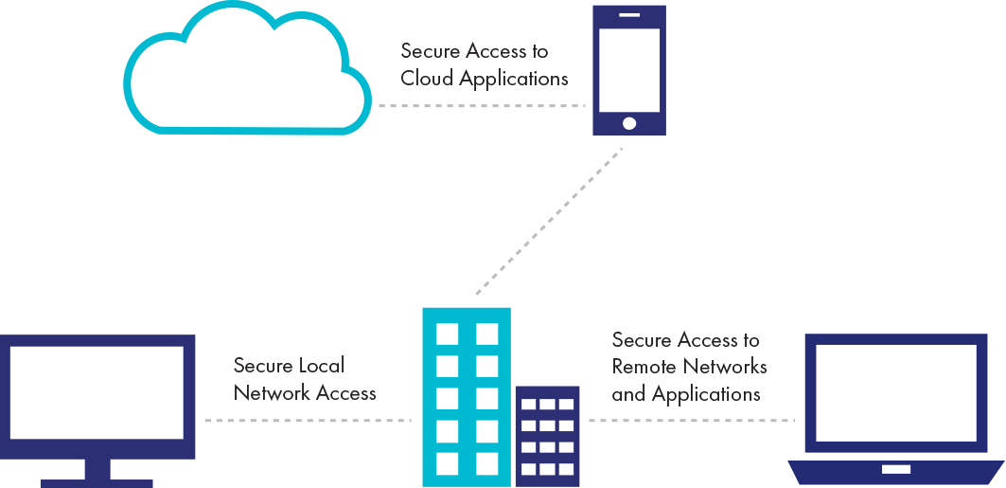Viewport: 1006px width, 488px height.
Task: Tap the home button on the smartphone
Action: [629, 122]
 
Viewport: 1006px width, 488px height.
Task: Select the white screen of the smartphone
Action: [629, 69]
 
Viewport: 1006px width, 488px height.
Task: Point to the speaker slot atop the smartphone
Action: [629, 15]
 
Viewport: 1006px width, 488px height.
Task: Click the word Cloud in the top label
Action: [426, 79]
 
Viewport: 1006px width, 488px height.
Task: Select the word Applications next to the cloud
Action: [514, 80]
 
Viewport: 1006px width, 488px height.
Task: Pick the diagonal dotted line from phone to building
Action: [550, 220]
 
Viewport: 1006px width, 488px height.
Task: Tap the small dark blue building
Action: [547, 436]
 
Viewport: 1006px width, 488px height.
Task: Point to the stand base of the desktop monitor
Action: [97, 482]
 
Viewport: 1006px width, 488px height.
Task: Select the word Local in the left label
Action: [322, 366]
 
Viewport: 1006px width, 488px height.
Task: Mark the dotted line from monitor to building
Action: [308, 420]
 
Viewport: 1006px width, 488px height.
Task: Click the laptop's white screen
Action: [895, 392]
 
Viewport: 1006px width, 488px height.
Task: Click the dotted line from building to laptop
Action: [691, 420]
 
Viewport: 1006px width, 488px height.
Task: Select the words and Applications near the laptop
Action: [686, 393]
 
